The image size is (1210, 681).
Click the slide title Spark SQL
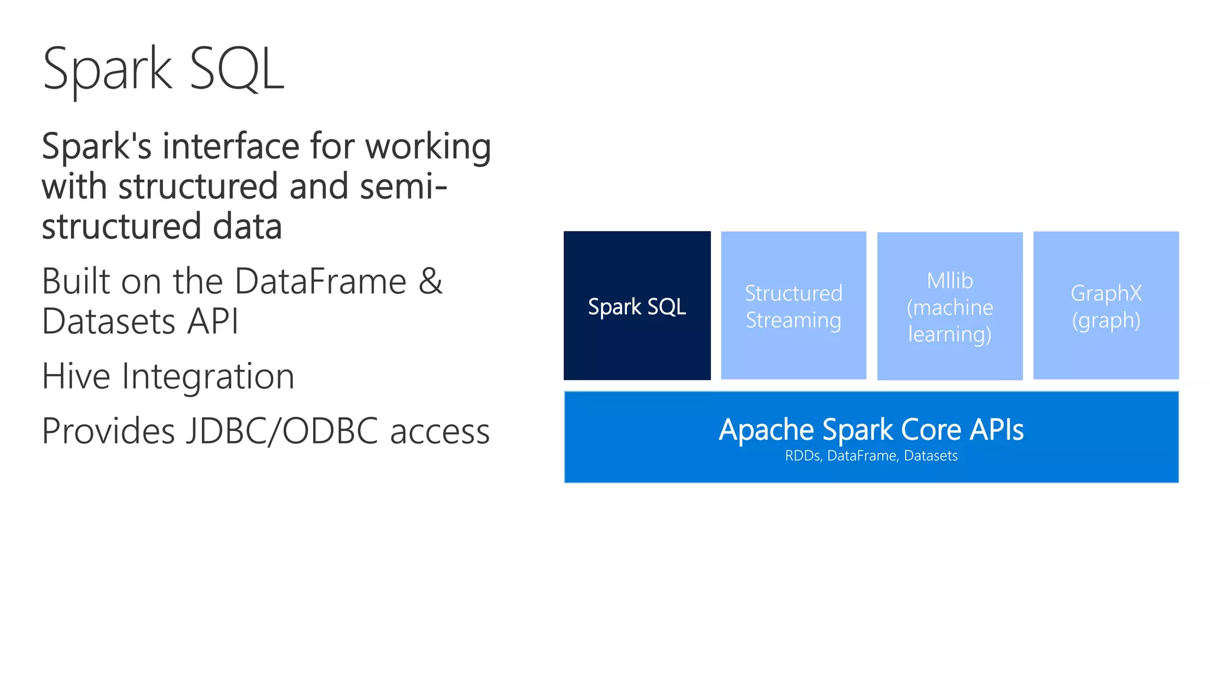coord(164,69)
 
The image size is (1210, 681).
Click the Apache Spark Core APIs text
coord(871,429)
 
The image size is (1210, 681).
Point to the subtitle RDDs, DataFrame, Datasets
coord(871,456)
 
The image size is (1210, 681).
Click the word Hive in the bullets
coord(76,376)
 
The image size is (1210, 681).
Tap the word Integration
coord(208,377)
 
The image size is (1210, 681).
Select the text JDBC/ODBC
coord(282,430)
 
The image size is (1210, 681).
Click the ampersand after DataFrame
coord(430,281)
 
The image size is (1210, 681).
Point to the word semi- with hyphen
coord(404,186)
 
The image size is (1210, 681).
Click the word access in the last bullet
coord(440,432)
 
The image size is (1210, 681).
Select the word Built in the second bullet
coord(76,281)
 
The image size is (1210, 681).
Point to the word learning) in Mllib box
coord(949,335)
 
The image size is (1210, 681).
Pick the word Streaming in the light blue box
coord(793,320)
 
